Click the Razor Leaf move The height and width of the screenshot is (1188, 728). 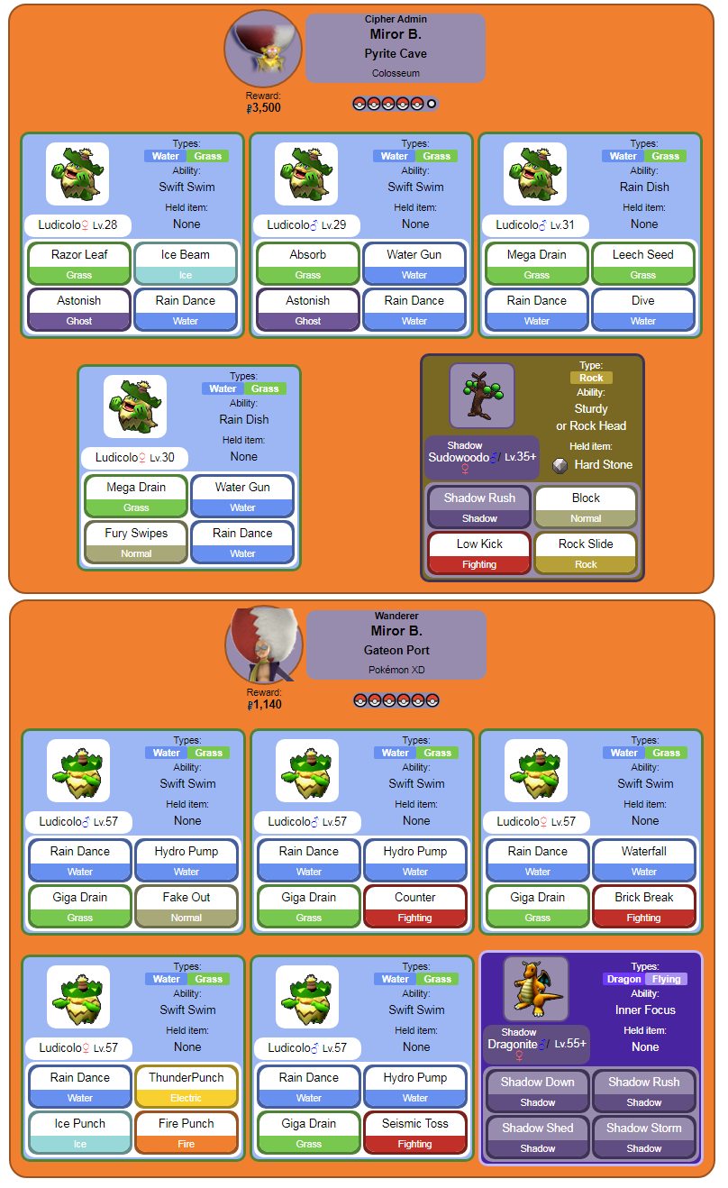[79, 263]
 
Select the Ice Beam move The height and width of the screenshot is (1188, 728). [186, 263]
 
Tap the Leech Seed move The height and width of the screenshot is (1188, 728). [643, 263]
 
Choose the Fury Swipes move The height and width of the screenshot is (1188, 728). [136, 542]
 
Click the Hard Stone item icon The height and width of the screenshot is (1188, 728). [560, 465]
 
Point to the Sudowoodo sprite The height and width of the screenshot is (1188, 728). [482, 395]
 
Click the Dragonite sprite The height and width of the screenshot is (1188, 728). [536, 989]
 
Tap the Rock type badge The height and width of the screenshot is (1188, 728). [591, 378]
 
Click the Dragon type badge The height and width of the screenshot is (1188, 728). [624, 979]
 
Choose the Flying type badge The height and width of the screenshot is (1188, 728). [667, 979]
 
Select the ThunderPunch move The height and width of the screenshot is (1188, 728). [187, 1086]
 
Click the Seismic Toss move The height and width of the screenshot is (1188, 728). [415, 1132]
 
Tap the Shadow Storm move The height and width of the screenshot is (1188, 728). [644, 1137]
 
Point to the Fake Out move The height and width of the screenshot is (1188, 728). [187, 906]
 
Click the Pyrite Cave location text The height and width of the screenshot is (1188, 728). [396, 54]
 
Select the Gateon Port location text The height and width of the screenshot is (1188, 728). [396, 651]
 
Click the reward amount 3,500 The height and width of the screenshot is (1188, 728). [266, 108]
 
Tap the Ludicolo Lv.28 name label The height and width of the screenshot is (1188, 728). [77, 224]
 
